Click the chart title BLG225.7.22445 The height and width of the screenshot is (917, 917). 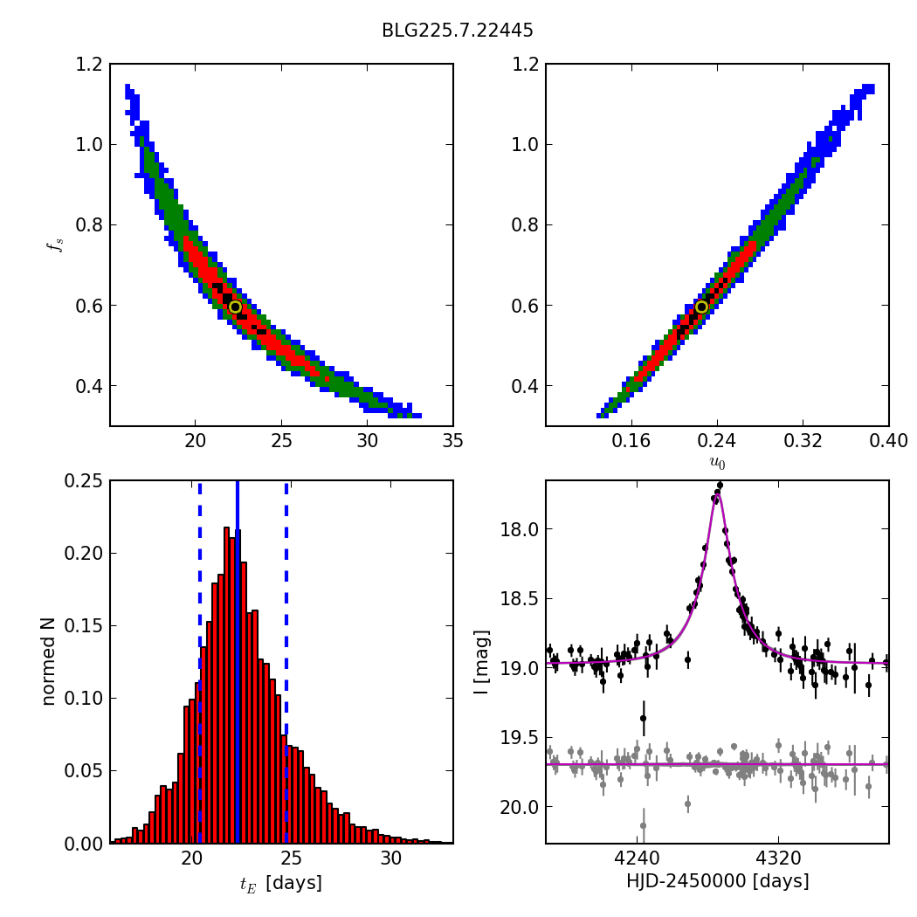point(457,31)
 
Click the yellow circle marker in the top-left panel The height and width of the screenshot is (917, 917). point(235,307)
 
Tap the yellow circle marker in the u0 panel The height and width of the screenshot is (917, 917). point(701,307)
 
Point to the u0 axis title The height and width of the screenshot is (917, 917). point(717,463)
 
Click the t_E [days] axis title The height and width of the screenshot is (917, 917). point(280,883)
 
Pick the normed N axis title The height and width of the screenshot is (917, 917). point(49,661)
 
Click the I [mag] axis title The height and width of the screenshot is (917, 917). point(481,662)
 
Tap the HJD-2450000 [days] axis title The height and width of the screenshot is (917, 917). point(717,881)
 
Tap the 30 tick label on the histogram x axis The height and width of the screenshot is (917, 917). point(391,861)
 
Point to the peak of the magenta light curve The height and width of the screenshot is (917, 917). point(717,493)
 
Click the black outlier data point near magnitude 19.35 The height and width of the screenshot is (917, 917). point(643,718)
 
